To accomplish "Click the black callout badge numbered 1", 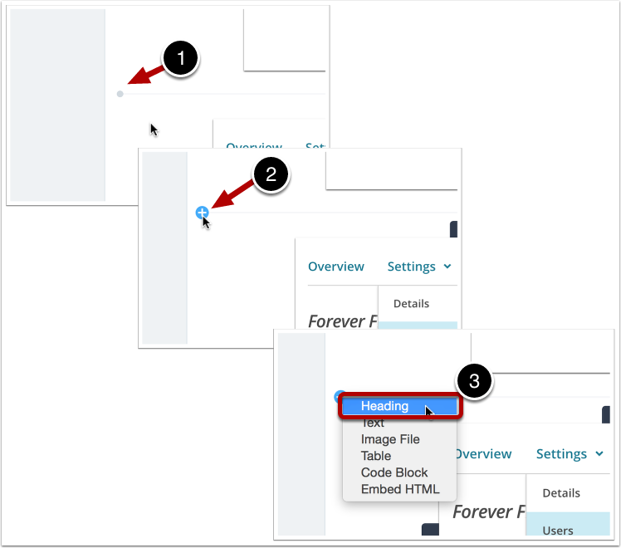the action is (181, 61).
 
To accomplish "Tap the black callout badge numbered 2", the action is (270, 176).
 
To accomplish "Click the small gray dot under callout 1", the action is (120, 94).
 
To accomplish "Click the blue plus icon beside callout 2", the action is (202, 213).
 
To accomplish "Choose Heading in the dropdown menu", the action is (384, 406).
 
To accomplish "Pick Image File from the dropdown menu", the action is (390, 439).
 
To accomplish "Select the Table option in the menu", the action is (376, 456).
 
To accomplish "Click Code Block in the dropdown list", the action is (394, 472).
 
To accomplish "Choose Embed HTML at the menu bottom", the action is (400, 489).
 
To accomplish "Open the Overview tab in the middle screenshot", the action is (336, 267).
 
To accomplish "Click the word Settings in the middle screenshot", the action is (412, 267).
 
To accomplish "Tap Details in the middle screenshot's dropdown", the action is (412, 303).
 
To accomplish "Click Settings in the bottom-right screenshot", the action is (562, 454).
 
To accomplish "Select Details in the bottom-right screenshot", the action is (561, 492).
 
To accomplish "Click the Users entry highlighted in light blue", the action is (558, 530).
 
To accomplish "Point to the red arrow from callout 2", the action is (232, 196).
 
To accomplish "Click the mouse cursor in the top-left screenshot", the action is (154, 129).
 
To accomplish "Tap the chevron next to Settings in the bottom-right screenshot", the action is (598, 454).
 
